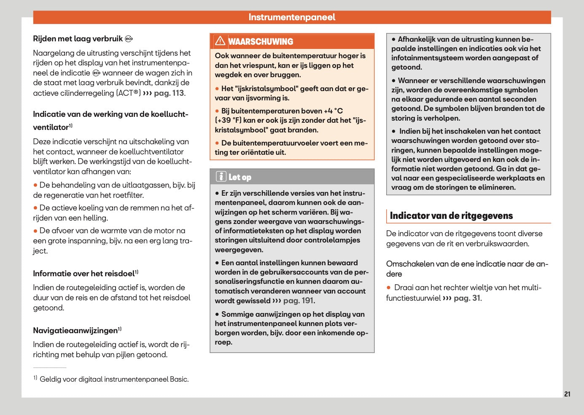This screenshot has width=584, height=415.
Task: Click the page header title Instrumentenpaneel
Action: pos(292,17)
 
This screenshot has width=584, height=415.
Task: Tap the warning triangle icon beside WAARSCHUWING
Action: pos(220,41)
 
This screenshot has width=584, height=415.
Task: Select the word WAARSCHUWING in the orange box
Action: pos(261,42)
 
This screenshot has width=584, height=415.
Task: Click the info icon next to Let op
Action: pos(221,177)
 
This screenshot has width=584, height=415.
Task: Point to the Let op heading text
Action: pos(240,178)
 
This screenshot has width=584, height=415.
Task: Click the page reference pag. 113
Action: pos(169,93)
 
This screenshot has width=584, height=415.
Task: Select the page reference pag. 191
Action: pos(299,301)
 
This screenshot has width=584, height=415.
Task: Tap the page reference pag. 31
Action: pos(467,298)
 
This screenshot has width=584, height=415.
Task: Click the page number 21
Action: pos(567,394)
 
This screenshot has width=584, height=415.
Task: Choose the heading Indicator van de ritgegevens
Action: pos(451,216)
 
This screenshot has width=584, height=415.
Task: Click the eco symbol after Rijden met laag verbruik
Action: pos(129,39)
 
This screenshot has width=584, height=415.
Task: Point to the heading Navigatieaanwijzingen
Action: pos(75,331)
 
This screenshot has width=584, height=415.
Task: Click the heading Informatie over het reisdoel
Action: pos(84,274)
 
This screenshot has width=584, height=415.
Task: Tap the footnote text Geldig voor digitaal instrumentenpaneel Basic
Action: pos(114,379)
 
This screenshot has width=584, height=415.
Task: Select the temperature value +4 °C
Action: pos(333,111)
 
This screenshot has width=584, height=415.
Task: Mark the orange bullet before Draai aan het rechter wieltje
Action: pos(389,288)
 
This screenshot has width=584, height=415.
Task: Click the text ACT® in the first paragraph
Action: pos(129,93)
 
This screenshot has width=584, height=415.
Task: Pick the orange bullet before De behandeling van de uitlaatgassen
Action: pos(35,185)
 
